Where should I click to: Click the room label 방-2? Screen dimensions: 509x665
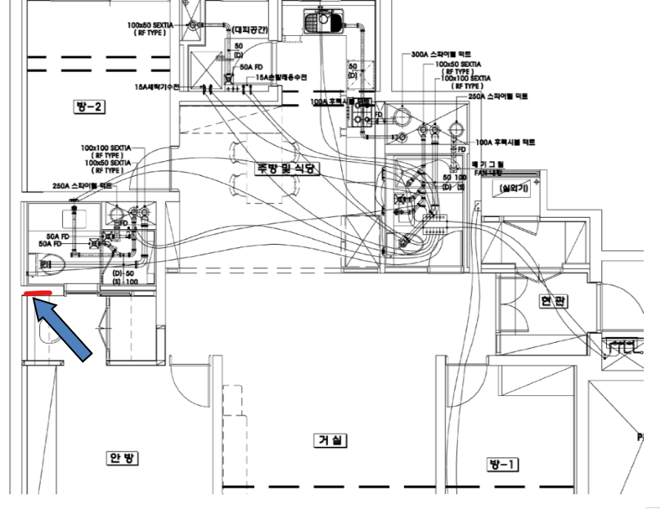(92, 106)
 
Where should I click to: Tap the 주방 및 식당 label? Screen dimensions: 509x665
(285, 168)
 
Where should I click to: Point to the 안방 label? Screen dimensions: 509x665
(121, 457)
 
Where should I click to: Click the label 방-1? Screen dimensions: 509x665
(500, 464)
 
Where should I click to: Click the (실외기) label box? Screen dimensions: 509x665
(517, 189)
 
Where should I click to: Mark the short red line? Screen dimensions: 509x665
(38, 293)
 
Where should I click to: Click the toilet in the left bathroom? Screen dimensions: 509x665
(50, 264)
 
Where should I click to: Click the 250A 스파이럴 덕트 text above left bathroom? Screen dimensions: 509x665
(81, 186)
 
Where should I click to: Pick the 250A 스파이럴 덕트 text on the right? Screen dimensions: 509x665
(498, 96)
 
